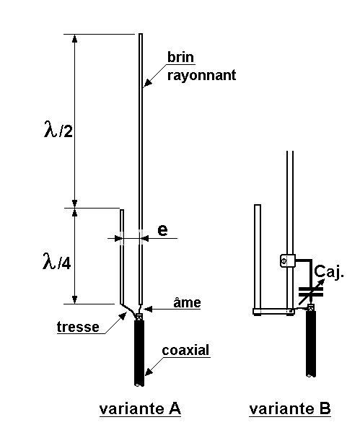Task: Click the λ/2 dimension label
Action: (58, 129)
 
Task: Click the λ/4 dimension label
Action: (56, 261)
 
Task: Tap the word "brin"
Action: (181, 57)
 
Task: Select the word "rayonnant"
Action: (201, 76)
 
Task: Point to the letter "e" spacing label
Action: (162, 230)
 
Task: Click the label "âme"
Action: (187, 302)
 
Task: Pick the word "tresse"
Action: (78, 327)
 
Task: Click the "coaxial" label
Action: (185, 351)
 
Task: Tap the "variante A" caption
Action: (140, 408)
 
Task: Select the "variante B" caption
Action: (289, 408)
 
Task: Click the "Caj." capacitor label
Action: (329, 272)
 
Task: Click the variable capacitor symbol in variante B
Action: (311, 292)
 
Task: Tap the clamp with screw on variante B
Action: (288, 260)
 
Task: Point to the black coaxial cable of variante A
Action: (139, 353)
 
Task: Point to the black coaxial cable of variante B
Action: (311, 343)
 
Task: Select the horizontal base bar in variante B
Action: (273, 312)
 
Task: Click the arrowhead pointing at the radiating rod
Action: (148, 82)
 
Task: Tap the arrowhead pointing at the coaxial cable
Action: (149, 372)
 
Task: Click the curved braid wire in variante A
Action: (131, 310)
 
